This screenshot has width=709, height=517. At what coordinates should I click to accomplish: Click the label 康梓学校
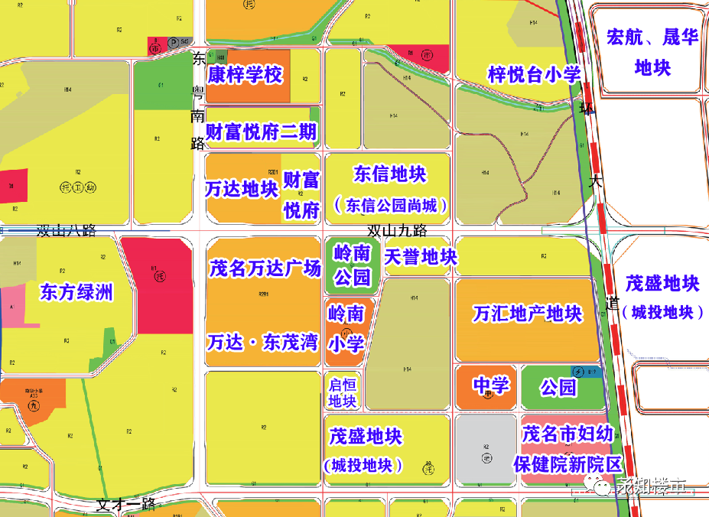(x=245, y=75)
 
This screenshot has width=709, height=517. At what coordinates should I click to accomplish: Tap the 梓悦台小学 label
(x=535, y=74)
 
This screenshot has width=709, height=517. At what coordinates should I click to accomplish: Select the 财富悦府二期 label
(x=261, y=132)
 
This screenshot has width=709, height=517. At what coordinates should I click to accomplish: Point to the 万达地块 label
(x=242, y=189)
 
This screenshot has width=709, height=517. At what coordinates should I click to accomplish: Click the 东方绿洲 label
(x=76, y=292)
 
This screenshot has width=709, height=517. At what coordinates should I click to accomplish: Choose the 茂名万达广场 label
(x=265, y=268)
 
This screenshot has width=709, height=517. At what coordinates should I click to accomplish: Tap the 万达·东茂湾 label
(x=262, y=341)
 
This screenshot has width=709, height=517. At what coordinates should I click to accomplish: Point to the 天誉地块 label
(x=420, y=257)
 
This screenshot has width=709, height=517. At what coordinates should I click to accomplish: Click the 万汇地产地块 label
(x=528, y=314)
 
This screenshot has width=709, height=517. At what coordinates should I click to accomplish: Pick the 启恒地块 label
(x=343, y=392)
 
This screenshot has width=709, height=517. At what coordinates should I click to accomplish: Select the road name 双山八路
(x=67, y=230)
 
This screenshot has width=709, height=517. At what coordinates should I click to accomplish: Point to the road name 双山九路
(x=397, y=230)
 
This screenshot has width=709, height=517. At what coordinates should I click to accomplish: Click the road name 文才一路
(x=126, y=505)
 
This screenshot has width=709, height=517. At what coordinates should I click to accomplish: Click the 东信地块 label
(x=390, y=174)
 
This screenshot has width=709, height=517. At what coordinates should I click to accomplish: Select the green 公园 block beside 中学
(x=558, y=387)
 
